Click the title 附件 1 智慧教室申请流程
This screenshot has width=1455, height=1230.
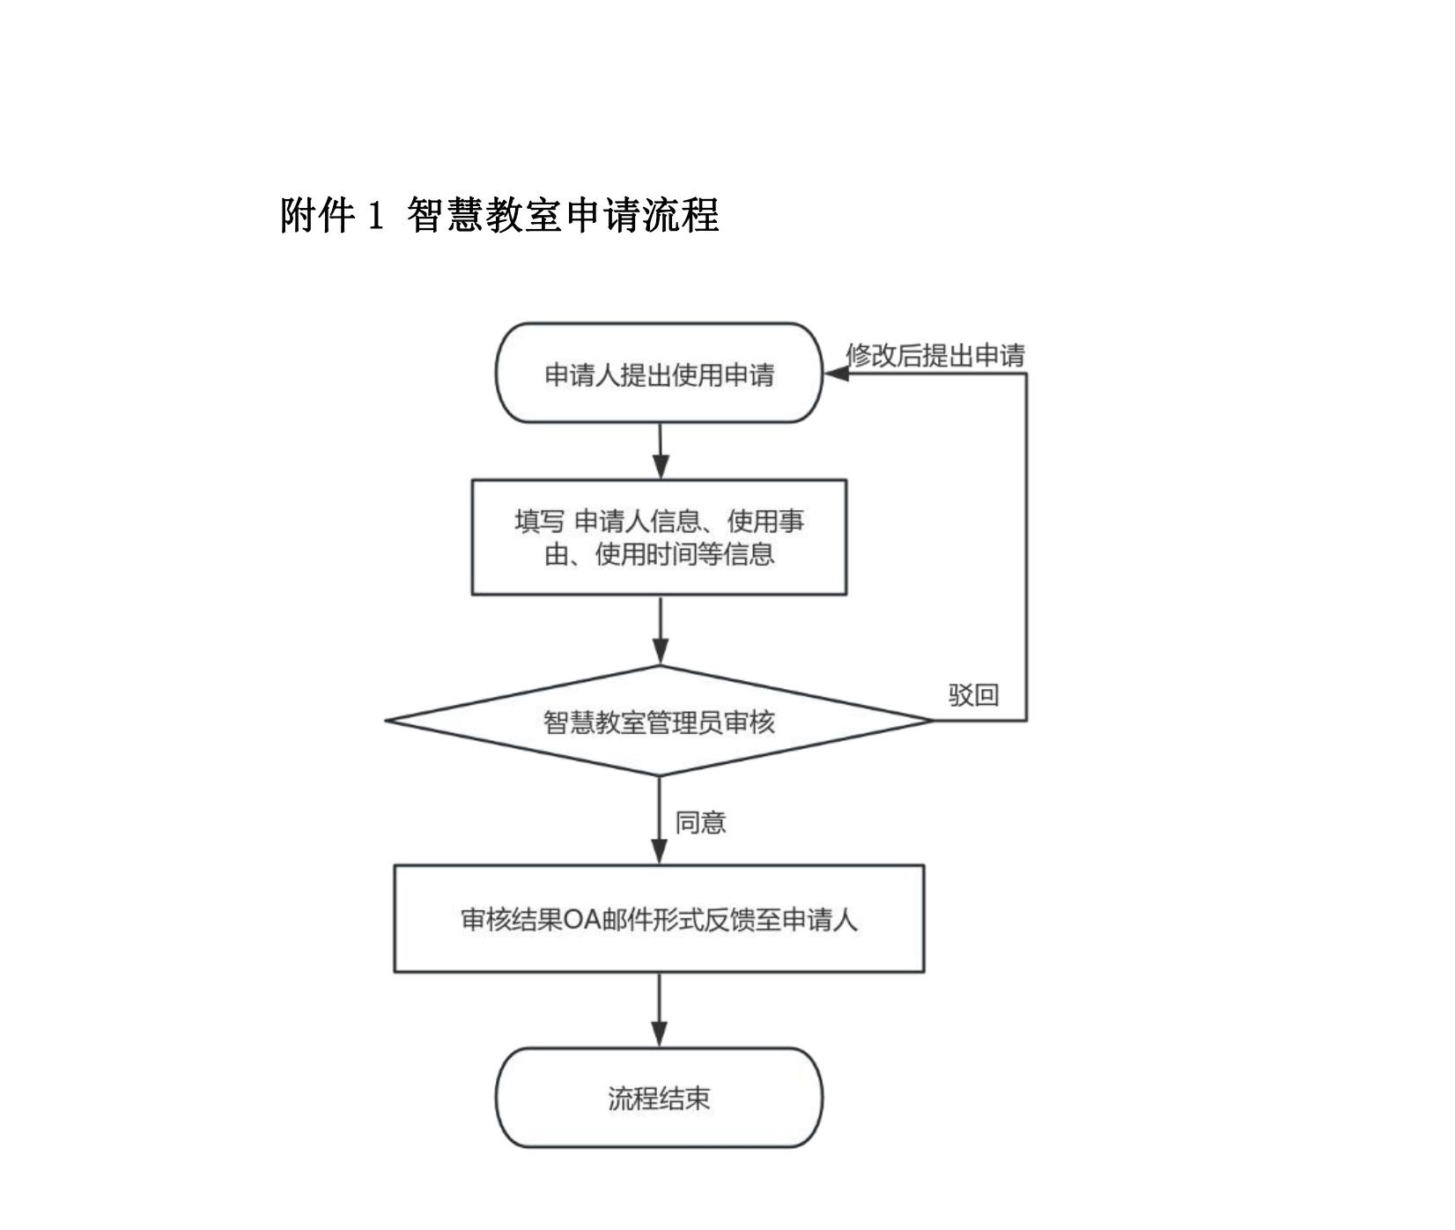click(499, 215)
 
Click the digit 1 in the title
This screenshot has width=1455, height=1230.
click(376, 215)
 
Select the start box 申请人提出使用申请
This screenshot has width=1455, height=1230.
click(659, 374)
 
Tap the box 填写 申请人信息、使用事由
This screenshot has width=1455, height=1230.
click(659, 537)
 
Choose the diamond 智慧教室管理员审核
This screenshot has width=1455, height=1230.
click(659, 722)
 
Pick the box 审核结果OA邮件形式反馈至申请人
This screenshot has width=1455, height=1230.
click(659, 919)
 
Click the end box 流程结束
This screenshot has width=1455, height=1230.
click(659, 1098)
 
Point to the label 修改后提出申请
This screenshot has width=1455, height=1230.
click(935, 355)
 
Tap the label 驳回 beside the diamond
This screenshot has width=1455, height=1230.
click(973, 694)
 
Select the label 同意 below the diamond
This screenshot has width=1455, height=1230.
click(700, 822)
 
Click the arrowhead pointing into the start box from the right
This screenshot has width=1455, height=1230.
click(835, 374)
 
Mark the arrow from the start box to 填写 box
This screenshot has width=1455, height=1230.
click(661, 451)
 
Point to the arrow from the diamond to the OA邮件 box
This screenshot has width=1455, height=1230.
click(660, 820)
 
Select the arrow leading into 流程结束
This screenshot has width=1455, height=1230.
click(660, 1010)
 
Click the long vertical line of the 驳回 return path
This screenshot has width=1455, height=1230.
click(1026, 546)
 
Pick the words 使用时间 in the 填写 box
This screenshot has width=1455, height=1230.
click(645, 555)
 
